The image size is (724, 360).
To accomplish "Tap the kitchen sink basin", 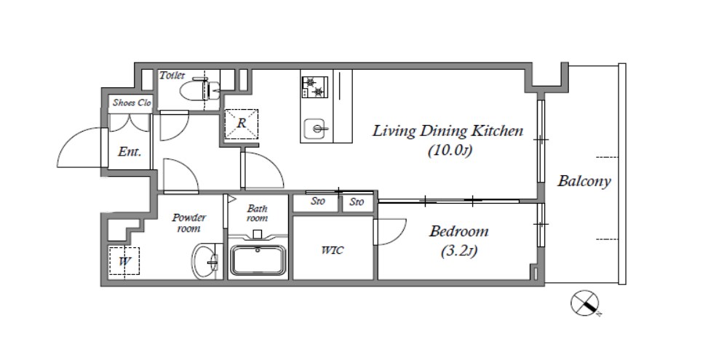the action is pos(317,128).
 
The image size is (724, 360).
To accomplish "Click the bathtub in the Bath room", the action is pos(258,260).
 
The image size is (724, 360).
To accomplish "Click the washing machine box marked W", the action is pos(124,261).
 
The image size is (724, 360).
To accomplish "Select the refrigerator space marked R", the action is pos(242,124).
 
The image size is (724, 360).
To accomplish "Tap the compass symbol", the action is pos(585,303).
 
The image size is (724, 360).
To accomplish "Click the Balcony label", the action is pos(584,181).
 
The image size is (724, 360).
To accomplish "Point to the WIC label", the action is pos(333,251).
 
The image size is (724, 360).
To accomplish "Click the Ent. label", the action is pos(130,152).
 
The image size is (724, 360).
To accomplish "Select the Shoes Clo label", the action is pos(132,103).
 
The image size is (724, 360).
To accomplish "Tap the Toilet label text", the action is pos(172,75).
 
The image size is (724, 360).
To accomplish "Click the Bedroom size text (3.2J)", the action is pos(459,252).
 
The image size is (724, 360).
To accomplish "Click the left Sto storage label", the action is pos(318,201).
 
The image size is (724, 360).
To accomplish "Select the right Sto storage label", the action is pos(357,201).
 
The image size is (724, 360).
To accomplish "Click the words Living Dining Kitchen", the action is pos(448,131).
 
